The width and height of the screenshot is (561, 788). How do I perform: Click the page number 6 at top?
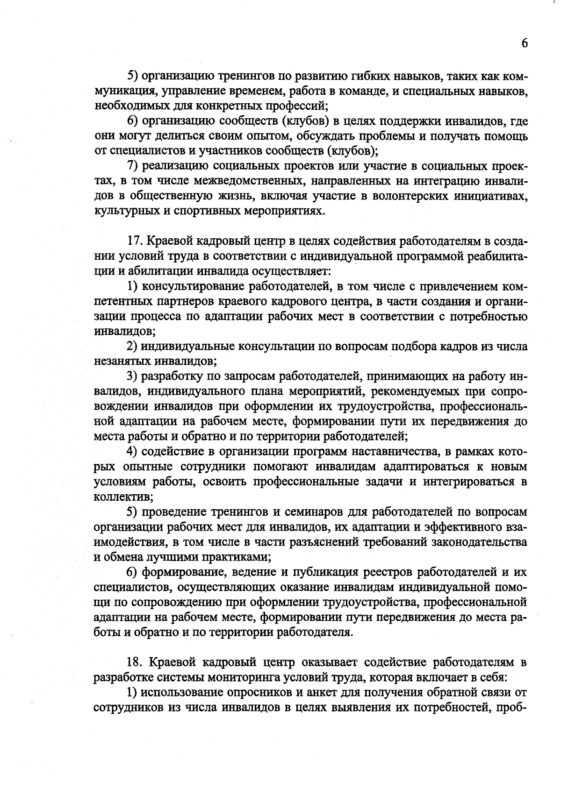click(x=524, y=43)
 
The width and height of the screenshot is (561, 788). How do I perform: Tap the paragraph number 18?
click(x=135, y=662)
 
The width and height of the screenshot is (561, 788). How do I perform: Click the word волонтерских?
click(x=409, y=196)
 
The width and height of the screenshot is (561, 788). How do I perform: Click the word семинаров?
click(x=309, y=512)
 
